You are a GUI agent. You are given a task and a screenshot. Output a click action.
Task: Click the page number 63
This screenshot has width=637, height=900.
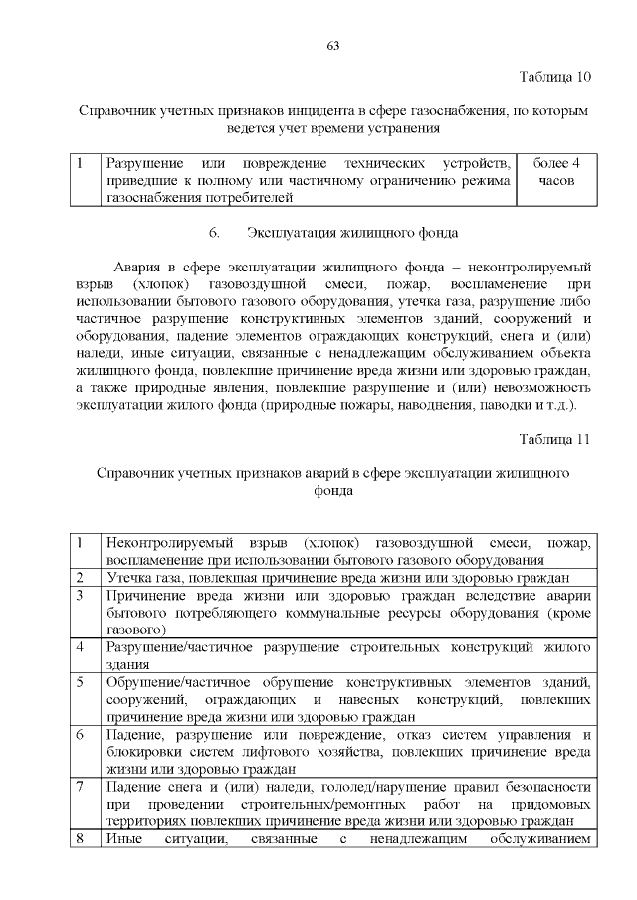332,46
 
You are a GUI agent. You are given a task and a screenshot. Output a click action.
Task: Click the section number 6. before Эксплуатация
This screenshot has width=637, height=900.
213,233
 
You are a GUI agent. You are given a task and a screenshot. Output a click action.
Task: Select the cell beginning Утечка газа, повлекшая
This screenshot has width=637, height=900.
338,578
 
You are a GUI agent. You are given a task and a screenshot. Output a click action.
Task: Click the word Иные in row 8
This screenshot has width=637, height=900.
124,839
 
